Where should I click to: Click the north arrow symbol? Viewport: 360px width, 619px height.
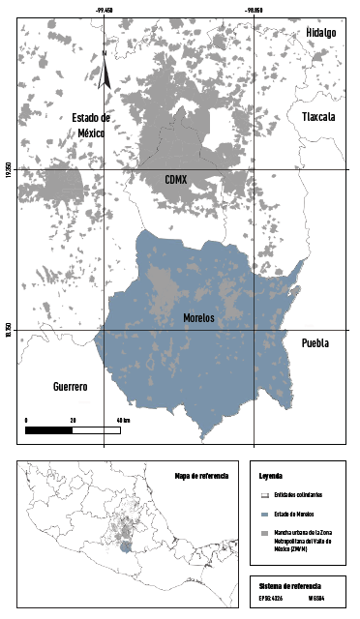105,73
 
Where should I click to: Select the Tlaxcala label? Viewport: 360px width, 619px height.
317,116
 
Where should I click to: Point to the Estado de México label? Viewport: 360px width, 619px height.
93,125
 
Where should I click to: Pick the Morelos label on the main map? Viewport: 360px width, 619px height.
198,317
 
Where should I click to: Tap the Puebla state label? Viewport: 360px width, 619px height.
315,342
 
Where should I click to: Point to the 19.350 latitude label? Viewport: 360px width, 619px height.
8,169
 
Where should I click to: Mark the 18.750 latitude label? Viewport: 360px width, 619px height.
8,330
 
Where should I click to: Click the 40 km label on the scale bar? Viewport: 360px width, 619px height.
123,420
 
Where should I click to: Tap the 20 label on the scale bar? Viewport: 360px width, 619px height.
74,420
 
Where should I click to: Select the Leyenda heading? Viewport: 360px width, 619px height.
272,478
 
